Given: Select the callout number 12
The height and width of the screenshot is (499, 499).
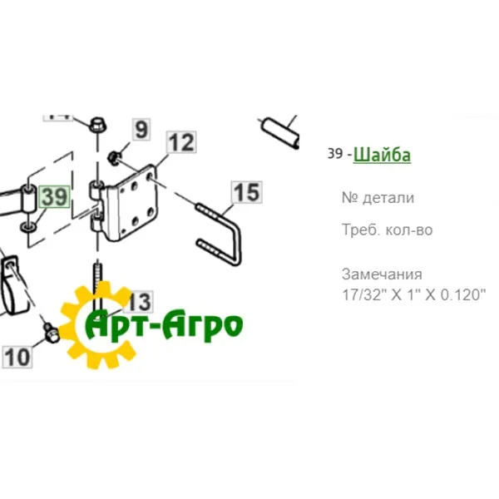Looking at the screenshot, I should click(180, 143).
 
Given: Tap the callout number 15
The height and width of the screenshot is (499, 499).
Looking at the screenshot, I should click(245, 194).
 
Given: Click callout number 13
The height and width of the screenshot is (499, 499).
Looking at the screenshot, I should click(139, 301).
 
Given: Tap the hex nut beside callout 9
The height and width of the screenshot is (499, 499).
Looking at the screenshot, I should click(116, 156).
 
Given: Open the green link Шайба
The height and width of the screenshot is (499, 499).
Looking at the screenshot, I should click(382, 155).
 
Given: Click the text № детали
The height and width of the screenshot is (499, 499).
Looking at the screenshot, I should click(377, 198).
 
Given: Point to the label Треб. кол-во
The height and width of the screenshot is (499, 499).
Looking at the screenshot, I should click(387, 230).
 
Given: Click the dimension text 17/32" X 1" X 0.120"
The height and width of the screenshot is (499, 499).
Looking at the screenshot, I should click(413, 294).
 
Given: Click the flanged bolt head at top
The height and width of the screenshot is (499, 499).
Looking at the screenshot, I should click(95, 124).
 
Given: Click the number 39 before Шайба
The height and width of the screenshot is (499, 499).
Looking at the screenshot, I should click(334, 155).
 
